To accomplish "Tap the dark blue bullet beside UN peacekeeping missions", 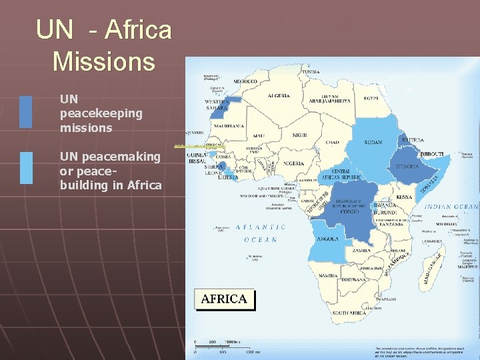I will (x=26, y=112).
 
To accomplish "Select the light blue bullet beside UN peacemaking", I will (x=26, y=167).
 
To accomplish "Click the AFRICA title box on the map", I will (x=224, y=299).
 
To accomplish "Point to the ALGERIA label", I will (x=279, y=96).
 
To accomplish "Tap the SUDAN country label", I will (x=374, y=142).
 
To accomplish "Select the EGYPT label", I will (x=370, y=99).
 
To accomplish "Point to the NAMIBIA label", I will (x=327, y=275).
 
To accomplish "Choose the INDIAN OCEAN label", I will (x=451, y=207).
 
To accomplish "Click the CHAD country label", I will (x=333, y=143).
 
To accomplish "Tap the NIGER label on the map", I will (x=299, y=135).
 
